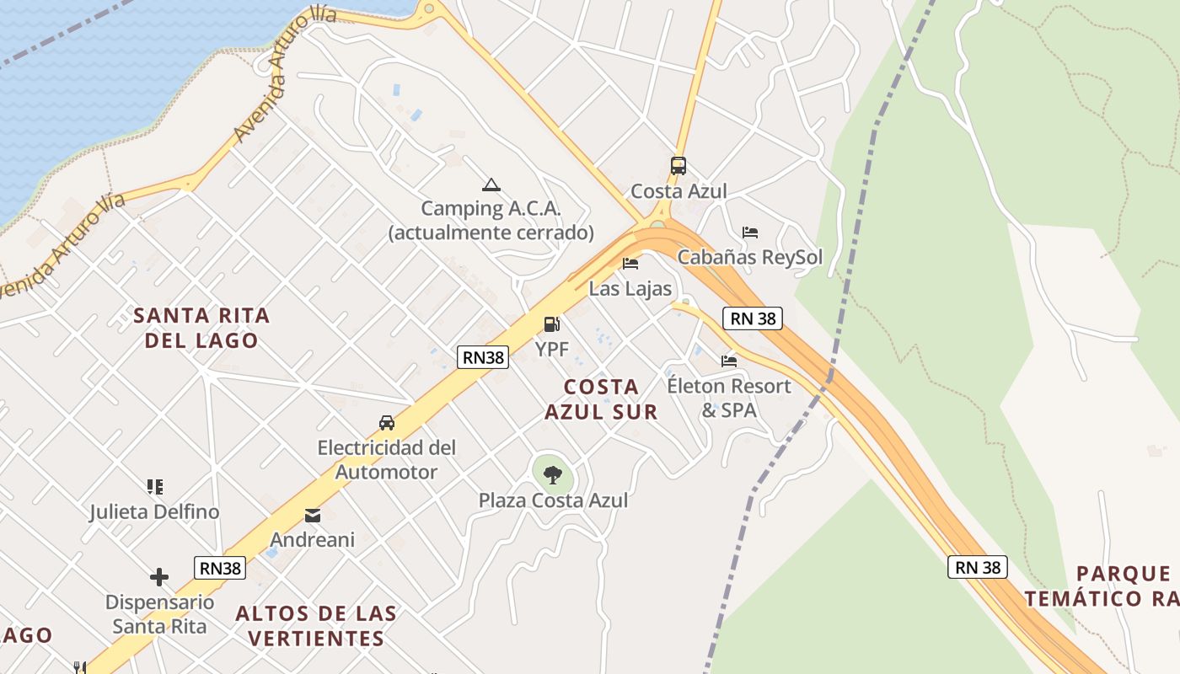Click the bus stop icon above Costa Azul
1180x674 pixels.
(x=678, y=166)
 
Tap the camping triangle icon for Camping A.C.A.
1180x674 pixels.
(x=491, y=185)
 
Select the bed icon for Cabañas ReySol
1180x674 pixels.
(x=750, y=233)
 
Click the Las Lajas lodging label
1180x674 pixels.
(x=630, y=289)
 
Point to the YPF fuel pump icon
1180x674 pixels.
(x=551, y=324)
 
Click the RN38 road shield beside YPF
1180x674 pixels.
(x=484, y=357)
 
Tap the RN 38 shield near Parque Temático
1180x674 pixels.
(x=978, y=567)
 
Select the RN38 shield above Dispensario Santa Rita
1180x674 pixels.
(x=221, y=568)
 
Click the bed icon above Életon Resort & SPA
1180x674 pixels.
(x=729, y=361)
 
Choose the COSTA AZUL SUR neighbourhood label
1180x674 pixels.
(x=601, y=399)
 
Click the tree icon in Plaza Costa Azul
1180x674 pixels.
(x=552, y=475)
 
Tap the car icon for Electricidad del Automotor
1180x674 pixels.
(x=387, y=423)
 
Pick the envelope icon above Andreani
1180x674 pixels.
(x=313, y=515)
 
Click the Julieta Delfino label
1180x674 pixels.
(x=155, y=512)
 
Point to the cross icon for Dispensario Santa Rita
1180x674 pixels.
(x=159, y=577)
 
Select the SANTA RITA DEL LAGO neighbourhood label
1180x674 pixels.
(x=202, y=328)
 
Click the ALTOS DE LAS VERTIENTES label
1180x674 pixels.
(x=316, y=625)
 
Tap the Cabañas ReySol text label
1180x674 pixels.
(x=750, y=258)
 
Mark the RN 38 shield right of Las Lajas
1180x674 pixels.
(x=753, y=318)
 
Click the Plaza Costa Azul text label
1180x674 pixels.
(x=553, y=500)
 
